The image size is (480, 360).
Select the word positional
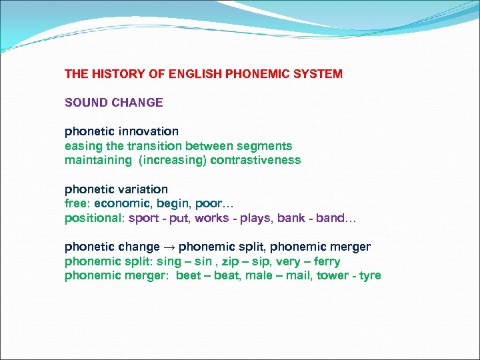click(x=93, y=218)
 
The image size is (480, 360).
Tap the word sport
click(x=143, y=218)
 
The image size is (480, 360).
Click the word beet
click(x=189, y=276)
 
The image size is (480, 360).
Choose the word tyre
click(x=370, y=276)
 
